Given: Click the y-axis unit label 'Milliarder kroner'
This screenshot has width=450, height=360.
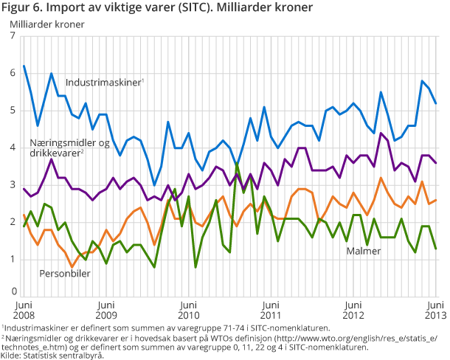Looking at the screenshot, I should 47,24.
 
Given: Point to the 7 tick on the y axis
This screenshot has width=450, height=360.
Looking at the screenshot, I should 13,35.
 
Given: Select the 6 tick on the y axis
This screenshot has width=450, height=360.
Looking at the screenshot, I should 13,73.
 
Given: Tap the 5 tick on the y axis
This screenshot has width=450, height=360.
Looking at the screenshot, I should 13,110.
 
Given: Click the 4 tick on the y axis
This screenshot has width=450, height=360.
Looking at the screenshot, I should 13,148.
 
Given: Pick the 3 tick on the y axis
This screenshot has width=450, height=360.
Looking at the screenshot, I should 13,184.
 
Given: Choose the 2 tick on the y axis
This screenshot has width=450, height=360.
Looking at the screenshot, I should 13,221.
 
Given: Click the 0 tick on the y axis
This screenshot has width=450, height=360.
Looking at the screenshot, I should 13,293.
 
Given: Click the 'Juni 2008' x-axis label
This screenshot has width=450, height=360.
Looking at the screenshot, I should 24,308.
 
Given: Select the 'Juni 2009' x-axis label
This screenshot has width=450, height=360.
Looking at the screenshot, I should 106,308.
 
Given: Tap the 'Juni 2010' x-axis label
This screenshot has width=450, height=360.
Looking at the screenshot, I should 189,308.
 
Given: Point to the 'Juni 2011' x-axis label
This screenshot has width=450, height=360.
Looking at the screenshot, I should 271,308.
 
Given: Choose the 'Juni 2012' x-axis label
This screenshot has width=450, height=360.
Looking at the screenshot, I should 353,308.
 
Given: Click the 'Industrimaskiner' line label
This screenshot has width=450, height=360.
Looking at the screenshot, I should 103,83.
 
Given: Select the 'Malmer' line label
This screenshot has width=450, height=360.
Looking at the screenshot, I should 364,251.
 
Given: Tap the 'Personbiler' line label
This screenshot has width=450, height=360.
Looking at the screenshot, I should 64,273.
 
